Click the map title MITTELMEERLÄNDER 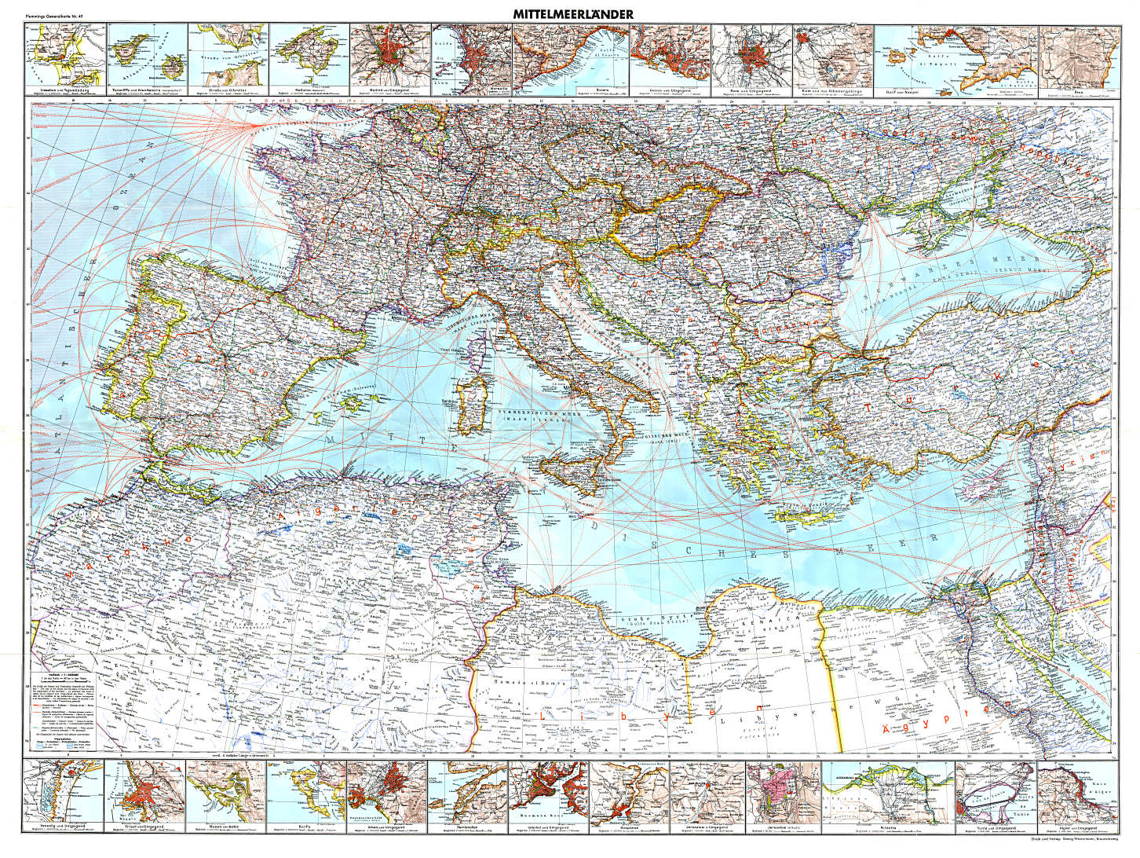[572, 14]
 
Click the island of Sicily [576, 470]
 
